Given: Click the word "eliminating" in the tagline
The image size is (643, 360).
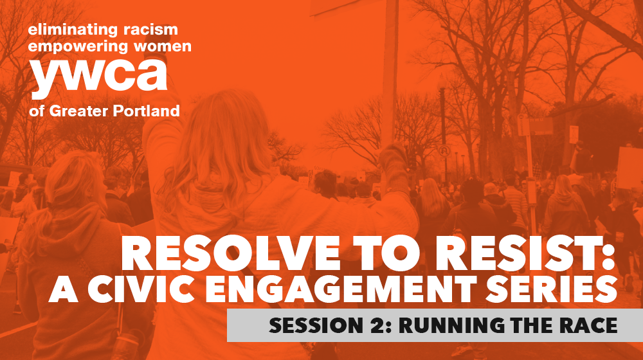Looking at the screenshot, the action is [68, 30].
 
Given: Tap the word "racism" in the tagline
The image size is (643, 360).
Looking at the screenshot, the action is [145, 30].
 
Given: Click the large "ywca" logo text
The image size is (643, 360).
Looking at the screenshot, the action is [99, 78].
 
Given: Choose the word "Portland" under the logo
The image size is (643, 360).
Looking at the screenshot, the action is [146, 111].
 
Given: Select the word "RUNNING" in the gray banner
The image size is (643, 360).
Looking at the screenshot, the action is [452, 325].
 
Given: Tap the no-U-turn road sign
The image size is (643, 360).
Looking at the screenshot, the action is [444, 151].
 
